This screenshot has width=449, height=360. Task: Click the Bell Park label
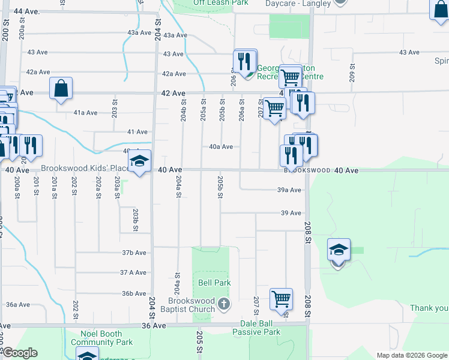click(214, 283)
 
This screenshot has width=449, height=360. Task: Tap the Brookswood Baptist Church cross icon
click(223, 305)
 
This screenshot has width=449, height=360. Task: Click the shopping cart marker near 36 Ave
click(281, 299)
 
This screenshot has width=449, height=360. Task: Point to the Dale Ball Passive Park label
click(256, 328)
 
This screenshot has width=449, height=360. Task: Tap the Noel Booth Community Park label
click(101, 338)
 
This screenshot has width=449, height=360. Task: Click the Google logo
click(19, 353)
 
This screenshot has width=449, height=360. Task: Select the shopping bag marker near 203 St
click(61, 89)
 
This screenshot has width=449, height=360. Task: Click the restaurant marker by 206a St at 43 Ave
click(245, 62)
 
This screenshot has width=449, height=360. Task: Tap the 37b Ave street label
click(134, 253)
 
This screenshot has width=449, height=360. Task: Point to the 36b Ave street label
click(134, 293)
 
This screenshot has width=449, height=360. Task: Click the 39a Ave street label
click(289, 190)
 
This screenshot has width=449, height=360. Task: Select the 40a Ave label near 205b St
click(220, 146)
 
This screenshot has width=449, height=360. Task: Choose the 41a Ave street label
click(85, 113)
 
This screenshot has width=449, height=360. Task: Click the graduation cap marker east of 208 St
click(339, 251)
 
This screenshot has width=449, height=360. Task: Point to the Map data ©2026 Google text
click(412, 355)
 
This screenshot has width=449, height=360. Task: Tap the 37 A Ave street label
click(133, 272)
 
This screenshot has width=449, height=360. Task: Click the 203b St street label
click(136, 220)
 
